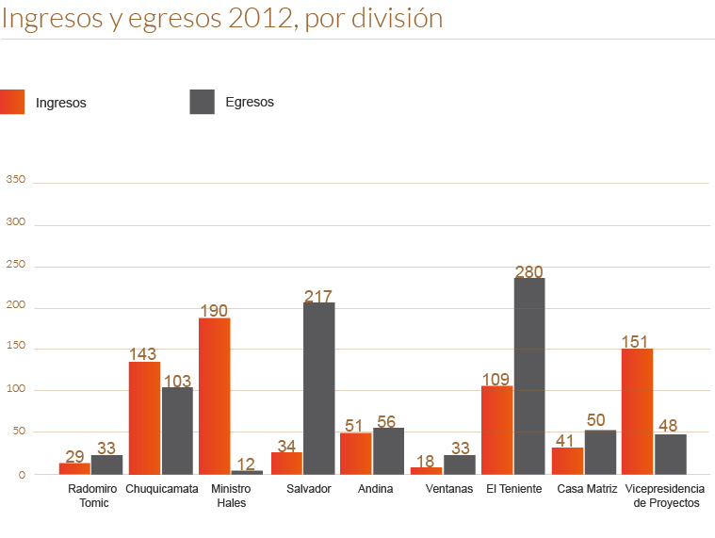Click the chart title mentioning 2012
click(x=222, y=18)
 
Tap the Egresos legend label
click(x=250, y=102)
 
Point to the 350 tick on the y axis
click(x=16, y=180)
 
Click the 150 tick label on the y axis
click(x=16, y=349)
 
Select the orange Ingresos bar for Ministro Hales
click(x=215, y=396)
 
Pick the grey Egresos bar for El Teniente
click(x=529, y=376)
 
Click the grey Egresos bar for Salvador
click(x=318, y=388)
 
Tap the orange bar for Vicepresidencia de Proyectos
click(x=637, y=411)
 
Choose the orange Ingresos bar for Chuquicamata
click(x=144, y=417)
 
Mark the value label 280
click(x=529, y=272)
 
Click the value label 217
click(x=318, y=297)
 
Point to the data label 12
click(x=247, y=464)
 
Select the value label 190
click(x=214, y=311)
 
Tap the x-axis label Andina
click(x=376, y=489)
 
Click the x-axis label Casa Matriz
click(x=587, y=489)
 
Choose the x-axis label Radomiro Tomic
click(x=93, y=496)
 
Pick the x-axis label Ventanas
click(x=449, y=489)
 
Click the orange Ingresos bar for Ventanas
click(x=426, y=470)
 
